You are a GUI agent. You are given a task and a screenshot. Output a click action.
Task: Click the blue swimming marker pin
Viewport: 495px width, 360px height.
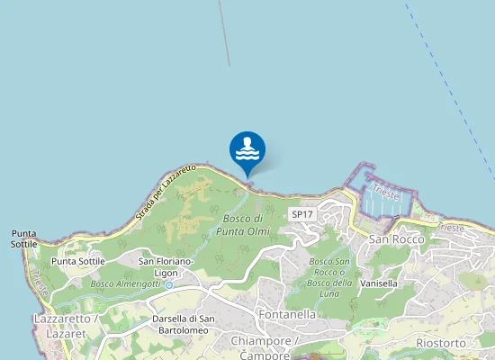point(247,151)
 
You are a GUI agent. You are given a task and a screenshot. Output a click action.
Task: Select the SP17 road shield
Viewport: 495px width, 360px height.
point(301,213)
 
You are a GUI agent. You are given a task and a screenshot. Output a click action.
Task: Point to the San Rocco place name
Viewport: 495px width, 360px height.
point(396,239)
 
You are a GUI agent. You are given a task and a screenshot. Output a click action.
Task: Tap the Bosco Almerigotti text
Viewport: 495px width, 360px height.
point(125,284)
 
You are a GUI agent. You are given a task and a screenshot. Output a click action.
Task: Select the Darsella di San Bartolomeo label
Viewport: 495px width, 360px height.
point(181,324)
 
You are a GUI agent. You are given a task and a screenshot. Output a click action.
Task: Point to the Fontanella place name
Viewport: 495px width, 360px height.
point(286,315)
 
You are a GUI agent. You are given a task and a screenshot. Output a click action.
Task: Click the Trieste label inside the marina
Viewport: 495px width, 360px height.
point(385,193)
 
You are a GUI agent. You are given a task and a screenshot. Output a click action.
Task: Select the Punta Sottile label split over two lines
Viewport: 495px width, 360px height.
point(24,238)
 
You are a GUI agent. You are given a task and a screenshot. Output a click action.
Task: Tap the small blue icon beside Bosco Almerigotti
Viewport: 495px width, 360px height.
point(168,284)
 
